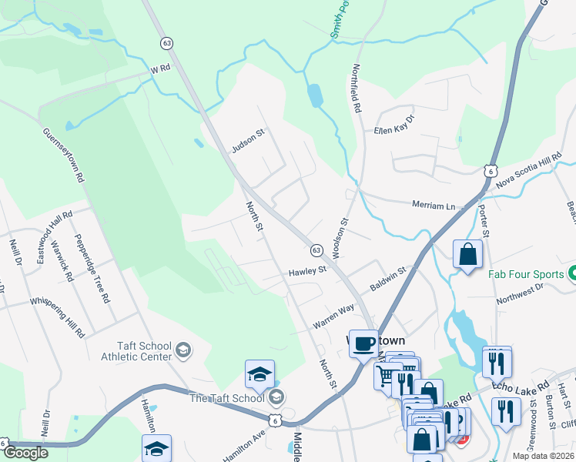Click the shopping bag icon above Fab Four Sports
(x=467, y=253)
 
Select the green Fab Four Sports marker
(x=571, y=273)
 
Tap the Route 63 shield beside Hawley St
(x=316, y=250)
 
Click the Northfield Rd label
(x=357, y=89)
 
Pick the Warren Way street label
(x=333, y=317)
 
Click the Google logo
(x=27, y=452)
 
